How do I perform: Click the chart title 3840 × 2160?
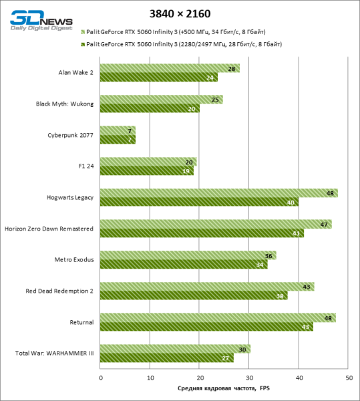click(x=180, y=13)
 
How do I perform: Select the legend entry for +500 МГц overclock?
click(x=180, y=31)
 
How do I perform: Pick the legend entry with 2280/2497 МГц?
click(x=180, y=44)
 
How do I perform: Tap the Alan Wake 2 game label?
click(x=76, y=72)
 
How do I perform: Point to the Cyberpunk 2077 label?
click(x=71, y=135)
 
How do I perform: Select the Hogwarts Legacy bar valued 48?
click(x=219, y=193)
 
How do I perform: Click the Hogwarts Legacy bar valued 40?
click(x=199, y=202)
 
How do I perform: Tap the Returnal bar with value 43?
click(x=206, y=327)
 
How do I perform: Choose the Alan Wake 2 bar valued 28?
click(x=170, y=68)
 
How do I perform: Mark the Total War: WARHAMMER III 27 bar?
click(x=167, y=358)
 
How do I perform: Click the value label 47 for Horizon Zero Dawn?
click(x=324, y=225)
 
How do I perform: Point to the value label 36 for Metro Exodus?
click(x=269, y=256)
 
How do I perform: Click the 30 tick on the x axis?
click(x=249, y=378)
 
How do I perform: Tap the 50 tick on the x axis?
click(x=349, y=378)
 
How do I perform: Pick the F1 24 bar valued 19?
click(x=147, y=170)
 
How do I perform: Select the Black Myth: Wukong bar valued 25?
click(x=161, y=100)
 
